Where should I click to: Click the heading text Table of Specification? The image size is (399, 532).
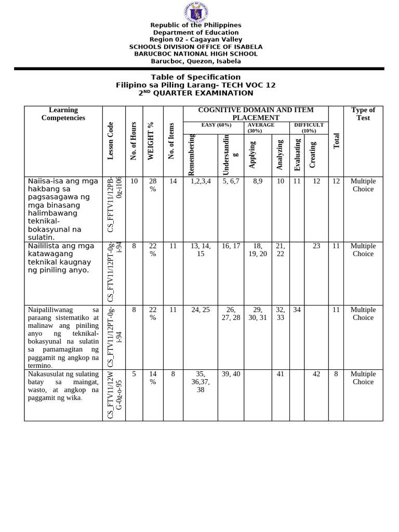(x=195, y=77)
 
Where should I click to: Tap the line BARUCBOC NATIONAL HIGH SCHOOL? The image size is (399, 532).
(x=195, y=54)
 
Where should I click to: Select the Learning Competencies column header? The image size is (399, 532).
(x=63, y=114)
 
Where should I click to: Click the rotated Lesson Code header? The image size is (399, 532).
(x=110, y=141)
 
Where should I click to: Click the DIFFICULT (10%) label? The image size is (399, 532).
(x=309, y=128)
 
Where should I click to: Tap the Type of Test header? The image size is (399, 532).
(x=363, y=114)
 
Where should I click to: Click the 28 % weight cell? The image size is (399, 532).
(x=153, y=185)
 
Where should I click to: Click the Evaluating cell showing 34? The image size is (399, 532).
(x=297, y=310)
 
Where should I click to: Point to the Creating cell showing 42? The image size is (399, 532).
(x=316, y=374)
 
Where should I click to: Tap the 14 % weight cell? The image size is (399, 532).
(x=153, y=378)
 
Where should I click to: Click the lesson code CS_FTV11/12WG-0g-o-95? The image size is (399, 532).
(x=114, y=395)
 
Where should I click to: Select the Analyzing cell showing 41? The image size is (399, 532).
(x=280, y=374)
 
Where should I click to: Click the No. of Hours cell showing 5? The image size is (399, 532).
(x=134, y=374)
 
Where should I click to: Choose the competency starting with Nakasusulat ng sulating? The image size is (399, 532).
(x=63, y=386)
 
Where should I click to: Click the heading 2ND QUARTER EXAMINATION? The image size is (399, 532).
(x=195, y=93)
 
